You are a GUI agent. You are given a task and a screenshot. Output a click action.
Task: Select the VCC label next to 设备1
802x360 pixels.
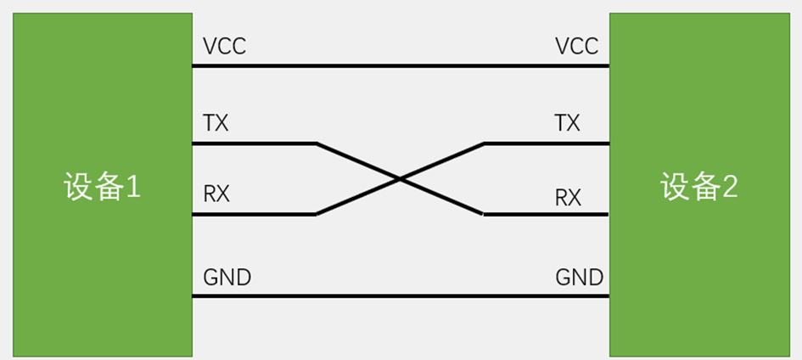point(224,46)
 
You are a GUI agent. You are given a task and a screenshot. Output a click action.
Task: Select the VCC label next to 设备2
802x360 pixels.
point(576,46)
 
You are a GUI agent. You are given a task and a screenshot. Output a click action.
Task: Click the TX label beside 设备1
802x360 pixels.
point(216,123)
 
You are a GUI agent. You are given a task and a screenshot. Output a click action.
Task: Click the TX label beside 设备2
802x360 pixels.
point(566,123)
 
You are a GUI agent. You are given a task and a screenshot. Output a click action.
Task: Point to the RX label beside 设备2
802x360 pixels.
point(568,198)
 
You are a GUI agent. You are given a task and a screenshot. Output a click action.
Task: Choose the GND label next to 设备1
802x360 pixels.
point(227,277)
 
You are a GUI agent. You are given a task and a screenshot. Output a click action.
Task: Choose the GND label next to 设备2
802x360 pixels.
point(579,277)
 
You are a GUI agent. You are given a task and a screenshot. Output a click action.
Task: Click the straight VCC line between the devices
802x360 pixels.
point(401,65)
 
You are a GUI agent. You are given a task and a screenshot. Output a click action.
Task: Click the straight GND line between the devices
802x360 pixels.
point(401,296)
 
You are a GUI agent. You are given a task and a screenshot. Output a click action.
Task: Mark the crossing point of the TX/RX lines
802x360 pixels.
point(400,179)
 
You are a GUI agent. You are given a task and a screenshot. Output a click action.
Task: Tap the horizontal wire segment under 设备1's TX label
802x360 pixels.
point(255,143)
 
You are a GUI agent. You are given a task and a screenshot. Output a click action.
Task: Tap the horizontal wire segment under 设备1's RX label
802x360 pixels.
point(255,215)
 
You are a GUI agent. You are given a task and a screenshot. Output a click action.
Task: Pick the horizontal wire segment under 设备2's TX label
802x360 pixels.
point(547,143)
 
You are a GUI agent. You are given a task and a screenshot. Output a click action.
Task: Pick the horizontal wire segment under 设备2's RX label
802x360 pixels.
point(547,215)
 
